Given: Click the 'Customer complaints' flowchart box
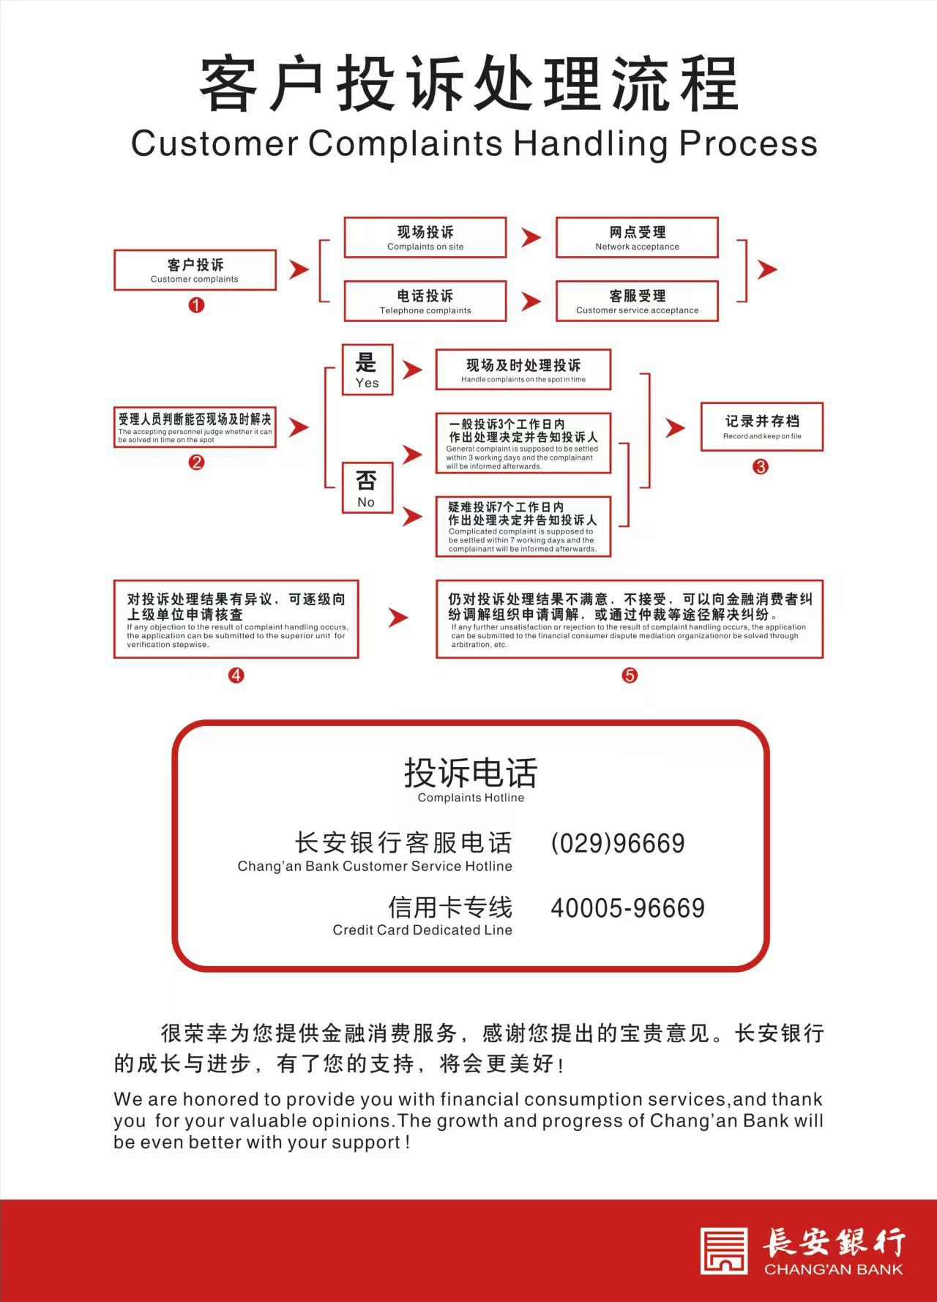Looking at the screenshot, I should [x=195, y=270].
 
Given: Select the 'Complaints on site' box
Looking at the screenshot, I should [x=425, y=237].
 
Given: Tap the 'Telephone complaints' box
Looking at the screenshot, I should [x=425, y=301].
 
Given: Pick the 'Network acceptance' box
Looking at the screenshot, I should [x=637, y=237].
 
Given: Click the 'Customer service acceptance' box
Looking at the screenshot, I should [x=637, y=301].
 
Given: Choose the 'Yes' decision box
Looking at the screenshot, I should [x=367, y=370].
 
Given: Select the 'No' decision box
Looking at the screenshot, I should [x=367, y=488].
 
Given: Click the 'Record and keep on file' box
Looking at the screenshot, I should [x=762, y=427].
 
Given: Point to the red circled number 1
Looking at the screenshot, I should [x=196, y=305].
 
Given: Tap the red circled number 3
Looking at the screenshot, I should [x=761, y=467].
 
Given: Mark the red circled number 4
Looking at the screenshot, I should [x=236, y=676].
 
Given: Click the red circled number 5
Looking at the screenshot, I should [x=630, y=676].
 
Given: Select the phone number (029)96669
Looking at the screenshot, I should [x=618, y=844].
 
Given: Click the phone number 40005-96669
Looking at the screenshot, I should [x=627, y=908].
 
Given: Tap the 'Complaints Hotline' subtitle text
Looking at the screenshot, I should [x=471, y=798].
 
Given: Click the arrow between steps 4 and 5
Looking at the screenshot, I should [x=397, y=618].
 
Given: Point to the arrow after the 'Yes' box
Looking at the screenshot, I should [x=413, y=370].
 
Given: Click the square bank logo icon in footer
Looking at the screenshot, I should [x=724, y=1250].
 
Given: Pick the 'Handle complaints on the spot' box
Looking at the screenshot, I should [x=523, y=370].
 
